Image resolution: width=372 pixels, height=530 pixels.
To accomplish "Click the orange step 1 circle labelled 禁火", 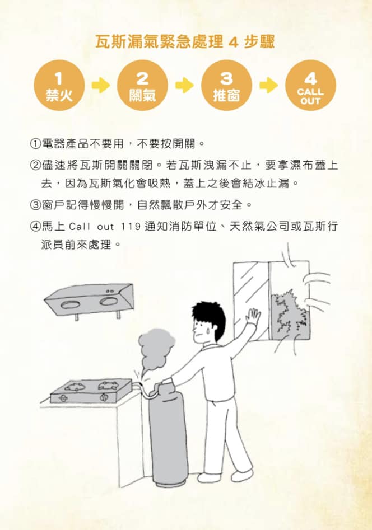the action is (59, 85).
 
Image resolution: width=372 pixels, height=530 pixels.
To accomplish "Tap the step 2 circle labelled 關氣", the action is (142, 85).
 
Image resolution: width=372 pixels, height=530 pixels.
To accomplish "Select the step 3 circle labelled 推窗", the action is (226, 85).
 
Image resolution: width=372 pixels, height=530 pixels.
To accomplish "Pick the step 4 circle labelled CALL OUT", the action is (310, 85).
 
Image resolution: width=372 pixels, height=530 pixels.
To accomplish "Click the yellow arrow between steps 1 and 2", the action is (101, 85).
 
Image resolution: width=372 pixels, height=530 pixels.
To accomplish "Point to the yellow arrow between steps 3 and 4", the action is (269, 85).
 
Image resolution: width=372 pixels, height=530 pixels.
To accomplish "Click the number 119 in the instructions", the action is (131, 226).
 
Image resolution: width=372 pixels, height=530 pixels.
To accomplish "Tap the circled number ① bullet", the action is (35, 144).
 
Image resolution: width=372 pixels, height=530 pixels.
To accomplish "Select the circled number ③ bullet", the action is (35, 205).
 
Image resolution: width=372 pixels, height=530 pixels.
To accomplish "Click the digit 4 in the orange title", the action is (234, 43).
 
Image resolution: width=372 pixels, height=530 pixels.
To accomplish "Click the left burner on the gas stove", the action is (76, 387).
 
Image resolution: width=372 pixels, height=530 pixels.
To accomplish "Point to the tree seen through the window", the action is (290, 315).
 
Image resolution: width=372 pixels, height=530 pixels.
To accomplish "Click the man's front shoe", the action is (241, 475).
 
